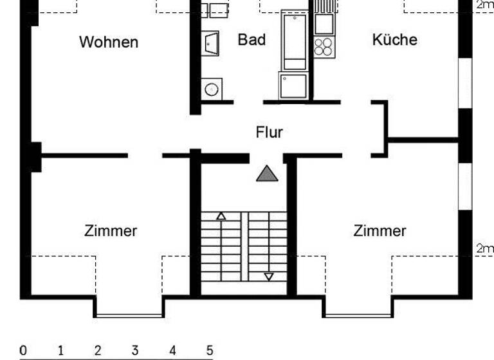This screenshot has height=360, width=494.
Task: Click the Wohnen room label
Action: (x=109, y=42)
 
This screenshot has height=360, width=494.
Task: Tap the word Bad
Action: (x=252, y=40)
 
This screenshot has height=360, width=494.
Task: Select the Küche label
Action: (x=394, y=40)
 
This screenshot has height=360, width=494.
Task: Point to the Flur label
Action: (x=269, y=132)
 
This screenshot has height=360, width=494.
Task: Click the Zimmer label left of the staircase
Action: (x=111, y=231)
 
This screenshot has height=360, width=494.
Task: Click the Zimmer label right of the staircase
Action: (x=380, y=231)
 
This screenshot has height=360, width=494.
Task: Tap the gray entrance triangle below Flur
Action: (x=268, y=174)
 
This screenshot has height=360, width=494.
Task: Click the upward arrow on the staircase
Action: (x=221, y=216)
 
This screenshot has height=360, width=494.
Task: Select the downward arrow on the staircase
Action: (x=269, y=276)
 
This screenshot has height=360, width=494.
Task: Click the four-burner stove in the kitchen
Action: (x=324, y=46)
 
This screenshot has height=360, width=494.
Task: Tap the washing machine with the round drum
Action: (x=212, y=88)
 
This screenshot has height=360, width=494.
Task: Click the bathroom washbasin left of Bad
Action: (x=212, y=44)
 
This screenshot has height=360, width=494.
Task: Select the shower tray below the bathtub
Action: (x=293, y=85)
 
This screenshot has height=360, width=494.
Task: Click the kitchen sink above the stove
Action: (x=324, y=24)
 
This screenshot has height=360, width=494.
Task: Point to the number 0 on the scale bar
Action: (x=23, y=351)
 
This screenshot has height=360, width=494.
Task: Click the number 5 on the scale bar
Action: (x=210, y=351)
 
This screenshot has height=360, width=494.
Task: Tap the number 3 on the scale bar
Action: (x=135, y=351)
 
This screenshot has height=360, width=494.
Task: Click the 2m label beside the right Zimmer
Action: (x=484, y=248)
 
